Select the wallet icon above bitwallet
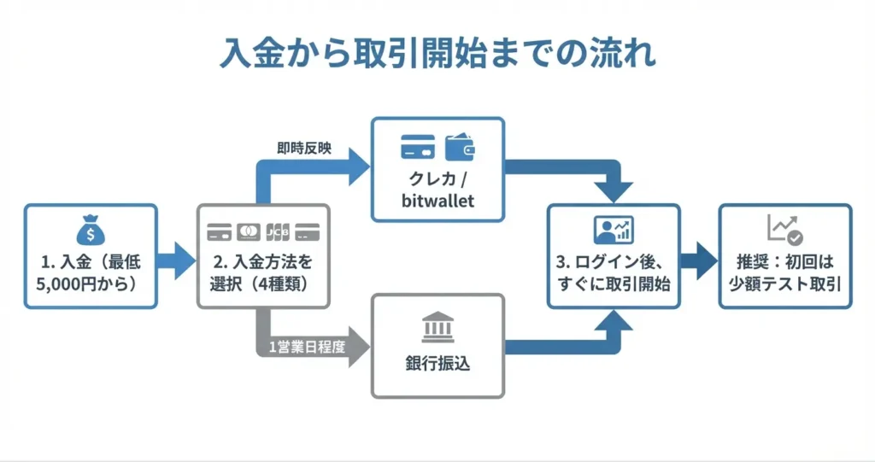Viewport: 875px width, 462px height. (460, 146)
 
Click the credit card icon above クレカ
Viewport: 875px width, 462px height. (418, 146)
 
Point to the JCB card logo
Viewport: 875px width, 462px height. (278, 231)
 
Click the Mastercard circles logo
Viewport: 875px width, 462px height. (249, 231)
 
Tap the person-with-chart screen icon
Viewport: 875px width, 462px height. (613, 230)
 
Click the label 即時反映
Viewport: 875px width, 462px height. (304, 149)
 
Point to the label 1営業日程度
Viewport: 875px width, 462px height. (302, 347)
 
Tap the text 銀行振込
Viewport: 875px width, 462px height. (437, 365)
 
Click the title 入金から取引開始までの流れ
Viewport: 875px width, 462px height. (437, 53)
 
